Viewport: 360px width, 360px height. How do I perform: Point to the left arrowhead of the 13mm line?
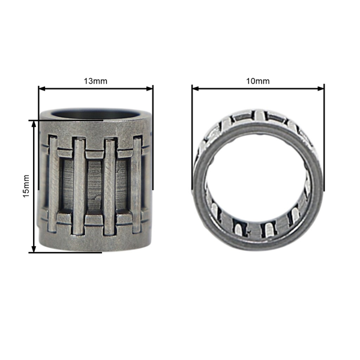click(41, 89)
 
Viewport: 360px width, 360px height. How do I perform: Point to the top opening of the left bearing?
click(96, 113)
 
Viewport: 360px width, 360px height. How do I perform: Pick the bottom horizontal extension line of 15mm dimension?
click(66, 252)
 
